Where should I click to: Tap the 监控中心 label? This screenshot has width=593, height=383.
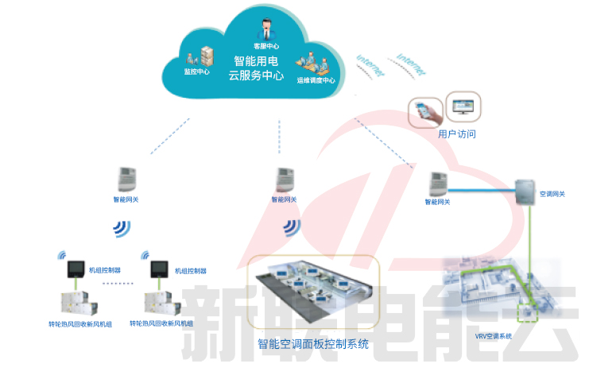[196, 72]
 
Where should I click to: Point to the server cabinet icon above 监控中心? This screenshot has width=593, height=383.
[207, 56]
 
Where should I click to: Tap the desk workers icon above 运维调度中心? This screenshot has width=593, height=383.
[312, 64]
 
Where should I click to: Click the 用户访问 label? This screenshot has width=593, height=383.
[457, 134]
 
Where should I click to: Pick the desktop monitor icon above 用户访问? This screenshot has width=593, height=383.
[463, 104]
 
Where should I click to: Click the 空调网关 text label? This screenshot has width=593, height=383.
[552, 194]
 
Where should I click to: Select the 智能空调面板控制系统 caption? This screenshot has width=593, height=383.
[313, 344]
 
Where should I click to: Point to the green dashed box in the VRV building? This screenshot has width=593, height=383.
[526, 311]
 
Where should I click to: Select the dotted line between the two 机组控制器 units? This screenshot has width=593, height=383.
[119, 283]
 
